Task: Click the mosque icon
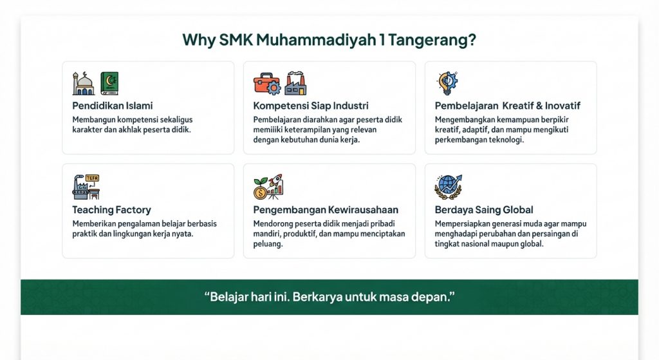[x=83, y=83]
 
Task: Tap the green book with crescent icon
[x=109, y=83]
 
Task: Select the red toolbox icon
[x=266, y=84]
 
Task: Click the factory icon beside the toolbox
[x=295, y=83]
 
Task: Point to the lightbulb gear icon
[x=447, y=83]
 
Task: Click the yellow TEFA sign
[x=92, y=178]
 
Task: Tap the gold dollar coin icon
[x=260, y=193]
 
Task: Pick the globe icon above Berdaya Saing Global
[x=448, y=187]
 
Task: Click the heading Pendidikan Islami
[x=112, y=106]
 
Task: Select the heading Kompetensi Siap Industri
[x=311, y=106]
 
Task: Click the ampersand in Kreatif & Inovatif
[x=539, y=106]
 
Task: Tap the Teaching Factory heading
[x=111, y=209]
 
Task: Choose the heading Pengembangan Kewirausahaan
[x=325, y=209]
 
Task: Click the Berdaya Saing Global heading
[x=484, y=209]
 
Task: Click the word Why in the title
[x=199, y=40]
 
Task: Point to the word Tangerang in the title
[x=432, y=41]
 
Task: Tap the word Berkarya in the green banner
[x=317, y=297]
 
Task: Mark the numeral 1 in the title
[x=382, y=39]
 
